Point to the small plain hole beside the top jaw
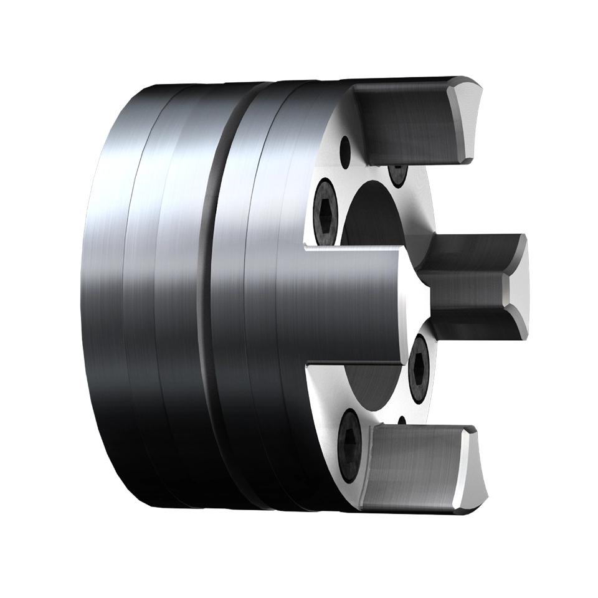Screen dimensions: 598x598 pyautogui.click(x=344, y=149)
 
